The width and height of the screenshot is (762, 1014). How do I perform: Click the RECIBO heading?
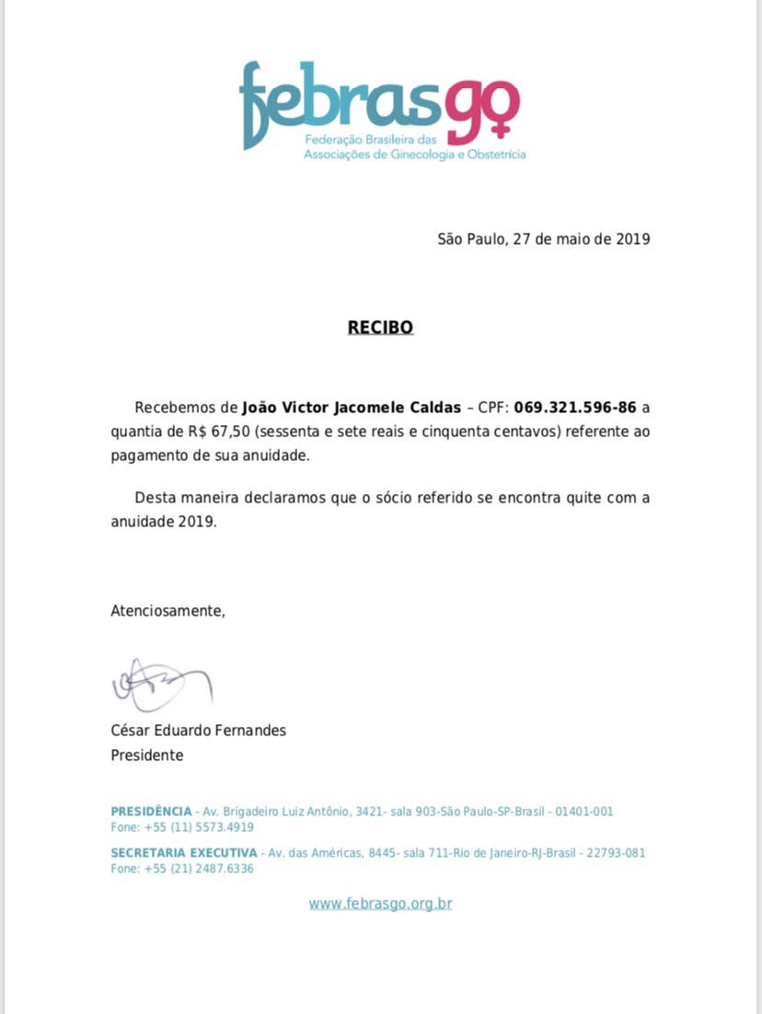pos(380,327)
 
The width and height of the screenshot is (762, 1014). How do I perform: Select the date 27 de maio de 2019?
pos(582,239)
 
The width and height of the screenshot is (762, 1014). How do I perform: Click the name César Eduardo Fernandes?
pos(198,731)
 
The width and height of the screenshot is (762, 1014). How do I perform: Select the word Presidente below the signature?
pos(146,755)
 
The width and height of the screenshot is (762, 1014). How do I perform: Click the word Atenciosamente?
pos(167,609)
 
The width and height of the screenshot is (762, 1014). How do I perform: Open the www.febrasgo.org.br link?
pos(380,904)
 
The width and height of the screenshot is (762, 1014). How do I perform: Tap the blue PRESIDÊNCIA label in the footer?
pos(151,812)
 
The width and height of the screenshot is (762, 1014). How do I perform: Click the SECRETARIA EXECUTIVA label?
pos(184,853)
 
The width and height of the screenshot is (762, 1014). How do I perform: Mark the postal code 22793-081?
pos(618,853)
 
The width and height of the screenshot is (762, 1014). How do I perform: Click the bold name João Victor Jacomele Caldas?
pos(352,407)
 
